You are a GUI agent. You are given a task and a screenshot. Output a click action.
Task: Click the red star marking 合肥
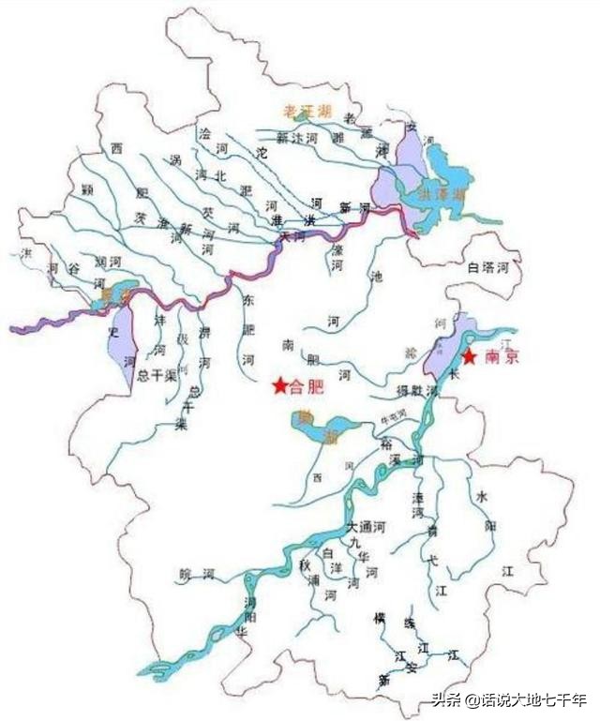pyautogui.click(x=279, y=385)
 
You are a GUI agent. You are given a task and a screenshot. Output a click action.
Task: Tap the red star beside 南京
pyautogui.click(x=469, y=357)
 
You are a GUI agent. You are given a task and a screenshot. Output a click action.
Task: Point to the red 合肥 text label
pyautogui.click(x=306, y=385)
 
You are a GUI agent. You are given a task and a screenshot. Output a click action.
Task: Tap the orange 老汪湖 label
pyautogui.click(x=304, y=112)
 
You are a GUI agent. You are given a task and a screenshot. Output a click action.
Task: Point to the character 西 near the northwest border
pyautogui.click(x=116, y=149)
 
